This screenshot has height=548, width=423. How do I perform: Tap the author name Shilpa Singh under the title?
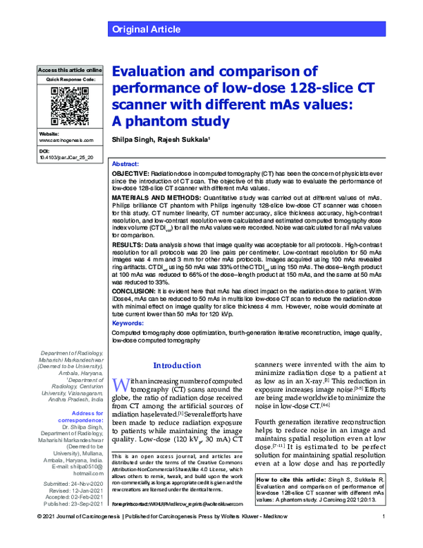[x=133, y=141]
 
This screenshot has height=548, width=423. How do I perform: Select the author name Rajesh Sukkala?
[x=185, y=141]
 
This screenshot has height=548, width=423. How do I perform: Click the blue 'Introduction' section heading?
[x=178, y=365]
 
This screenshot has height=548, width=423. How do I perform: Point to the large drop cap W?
[x=121, y=386]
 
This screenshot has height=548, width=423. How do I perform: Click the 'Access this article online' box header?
[x=70, y=71]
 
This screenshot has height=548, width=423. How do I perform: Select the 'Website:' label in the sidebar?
[x=49, y=133]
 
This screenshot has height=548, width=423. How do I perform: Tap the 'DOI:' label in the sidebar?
[x=44, y=152]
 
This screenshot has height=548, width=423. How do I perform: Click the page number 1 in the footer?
[x=381, y=538]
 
